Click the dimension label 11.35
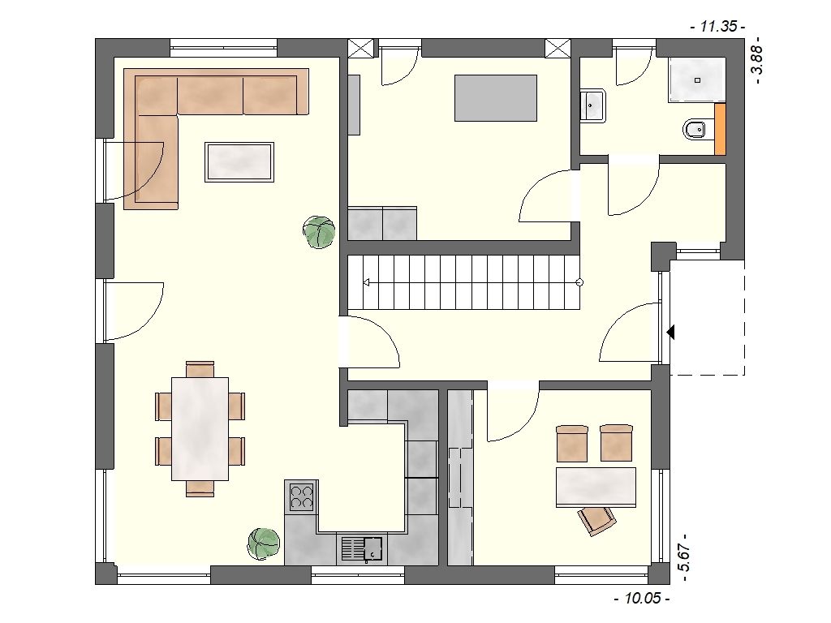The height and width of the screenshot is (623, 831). pos(718,26)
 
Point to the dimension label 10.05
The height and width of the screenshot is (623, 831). pos(643,599)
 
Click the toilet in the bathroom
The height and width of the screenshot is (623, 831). pos(695,129)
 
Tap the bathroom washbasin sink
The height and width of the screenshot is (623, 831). pos(592,106)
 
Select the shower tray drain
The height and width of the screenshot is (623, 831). pos(697,80)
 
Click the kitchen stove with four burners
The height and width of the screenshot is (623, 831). pos(301,496)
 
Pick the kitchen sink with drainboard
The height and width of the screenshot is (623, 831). pos(362,549)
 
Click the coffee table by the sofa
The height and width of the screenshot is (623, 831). pos(239,162)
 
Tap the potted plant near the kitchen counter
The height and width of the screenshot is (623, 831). pos(264,544)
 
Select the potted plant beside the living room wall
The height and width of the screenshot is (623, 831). pos(319,232)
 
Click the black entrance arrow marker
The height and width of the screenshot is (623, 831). pos(670,333)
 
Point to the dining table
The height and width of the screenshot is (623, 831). pos(200,428)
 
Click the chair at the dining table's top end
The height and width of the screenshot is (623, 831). pos(200,369)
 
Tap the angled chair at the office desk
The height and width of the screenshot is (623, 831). pos(597,520)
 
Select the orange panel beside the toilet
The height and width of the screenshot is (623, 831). pos(721,130)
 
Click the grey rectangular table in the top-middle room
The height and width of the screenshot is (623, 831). pos(496,98)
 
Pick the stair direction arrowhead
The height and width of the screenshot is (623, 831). pos(366,282)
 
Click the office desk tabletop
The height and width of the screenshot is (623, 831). pos(596,488)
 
